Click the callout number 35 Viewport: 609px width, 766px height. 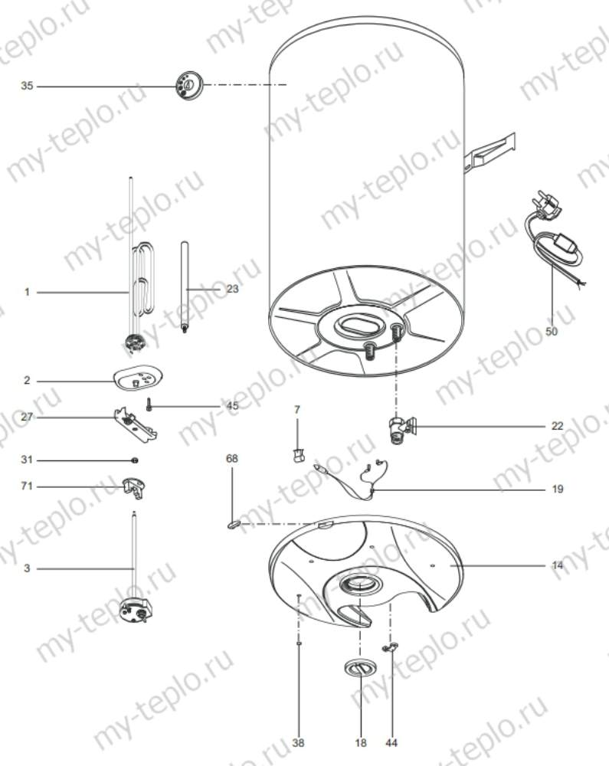click(x=27, y=87)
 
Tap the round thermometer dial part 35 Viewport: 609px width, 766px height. click(x=187, y=85)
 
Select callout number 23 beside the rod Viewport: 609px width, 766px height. click(x=232, y=289)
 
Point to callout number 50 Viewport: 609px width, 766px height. click(x=552, y=332)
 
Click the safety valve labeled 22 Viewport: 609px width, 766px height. click(x=401, y=427)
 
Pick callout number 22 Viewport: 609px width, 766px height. click(x=557, y=425)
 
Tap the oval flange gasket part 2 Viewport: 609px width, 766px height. click(x=138, y=377)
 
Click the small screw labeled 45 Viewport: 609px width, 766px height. click(x=149, y=404)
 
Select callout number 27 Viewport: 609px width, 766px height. click(x=27, y=417)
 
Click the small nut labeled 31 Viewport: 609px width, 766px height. click(x=135, y=460)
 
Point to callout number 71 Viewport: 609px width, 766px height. click(x=27, y=486)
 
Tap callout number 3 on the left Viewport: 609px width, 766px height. click(x=27, y=568)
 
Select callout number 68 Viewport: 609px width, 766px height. click(x=231, y=458)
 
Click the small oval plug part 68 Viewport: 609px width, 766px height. click(x=233, y=524)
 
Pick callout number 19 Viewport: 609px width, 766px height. click(x=557, y=489)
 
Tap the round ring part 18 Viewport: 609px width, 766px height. click(x=358, y=668)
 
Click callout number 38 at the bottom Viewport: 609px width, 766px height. click(x=297, y=743)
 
